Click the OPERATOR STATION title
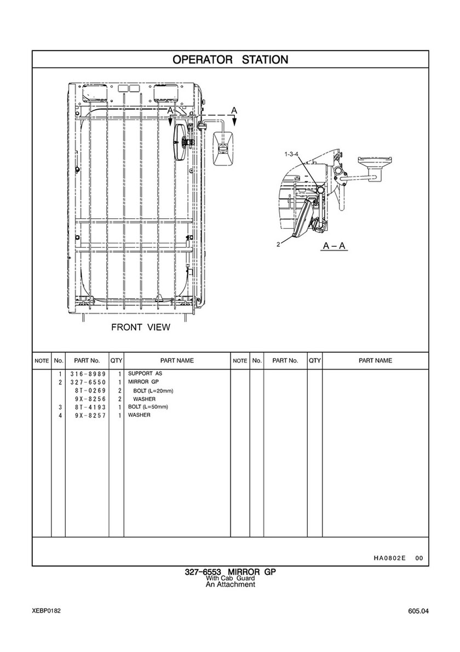[231, 59]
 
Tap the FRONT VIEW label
[141, 327]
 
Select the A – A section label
[335, 246]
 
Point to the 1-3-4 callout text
[291, 154]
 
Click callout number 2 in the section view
[279, 245]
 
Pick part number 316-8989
[88, 374]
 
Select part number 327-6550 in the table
[88, 382]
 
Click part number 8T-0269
[90, 390]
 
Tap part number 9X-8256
[90, 399]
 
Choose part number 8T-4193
[90, 407]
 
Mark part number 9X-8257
[90, 416]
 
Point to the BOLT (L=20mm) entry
[153, 390]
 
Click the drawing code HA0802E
[389, 558]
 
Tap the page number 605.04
[418, 611]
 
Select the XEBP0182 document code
[46, 611]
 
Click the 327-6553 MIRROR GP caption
[231, 572]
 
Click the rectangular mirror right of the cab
[224, 149]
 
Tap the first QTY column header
[116, 360]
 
